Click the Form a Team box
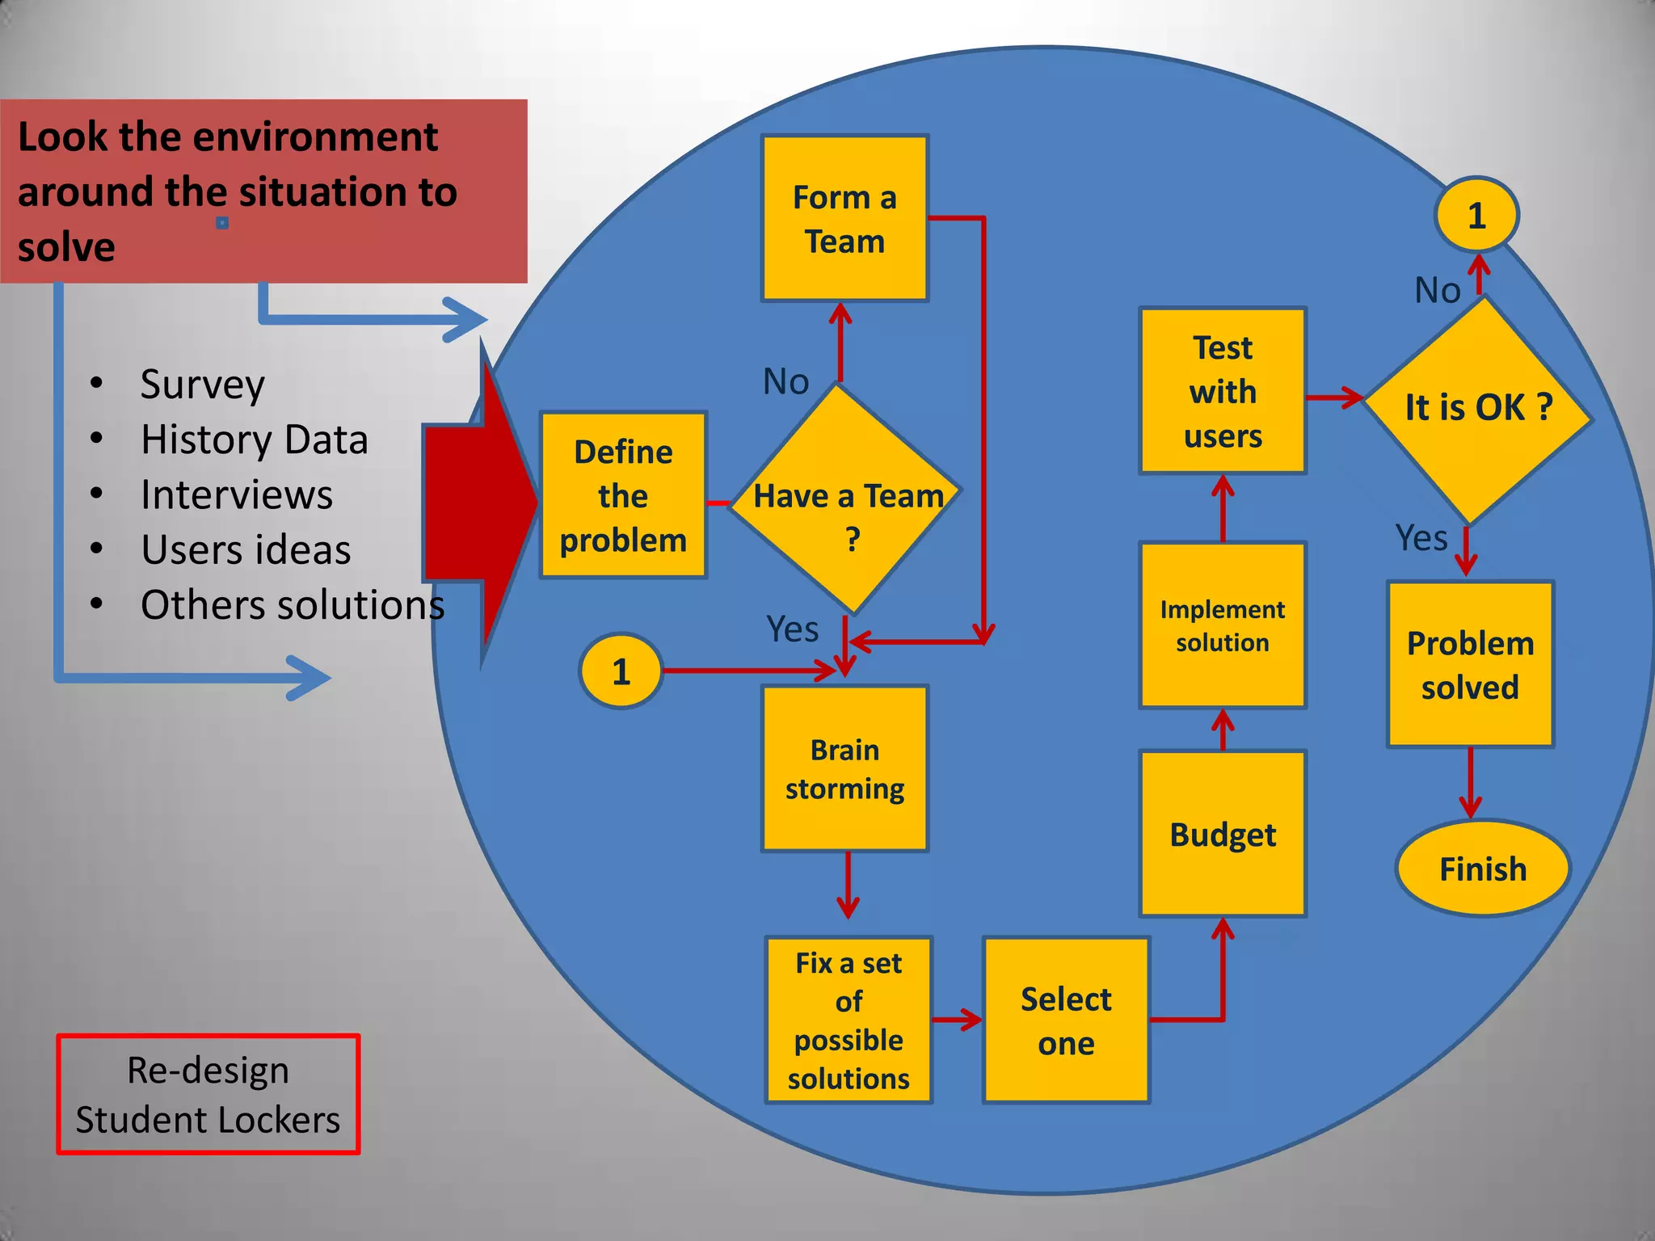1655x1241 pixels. pos(844,219)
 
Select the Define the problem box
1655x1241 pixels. pos(623,495)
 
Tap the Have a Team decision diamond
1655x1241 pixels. pos(846,501)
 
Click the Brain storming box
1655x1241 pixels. pos(844,768)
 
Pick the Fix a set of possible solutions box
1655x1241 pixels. pos(849,1020)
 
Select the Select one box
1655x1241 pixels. pos(1066,1020)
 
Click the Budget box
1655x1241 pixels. pos(1223,834)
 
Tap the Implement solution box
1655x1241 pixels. pos(1223,625)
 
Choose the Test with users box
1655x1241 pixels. pos(1223,391)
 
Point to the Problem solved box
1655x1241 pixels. pos(1470,664)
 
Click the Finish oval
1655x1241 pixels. pos(1483,869)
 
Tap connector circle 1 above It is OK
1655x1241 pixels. pos(1476,216)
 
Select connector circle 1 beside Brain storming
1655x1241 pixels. pos(621,671)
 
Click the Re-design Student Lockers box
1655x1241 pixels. pos(208,1094)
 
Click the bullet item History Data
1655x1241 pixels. pos(254,440)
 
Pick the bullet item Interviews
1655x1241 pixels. pos(236,494)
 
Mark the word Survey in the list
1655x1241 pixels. pos(202,385)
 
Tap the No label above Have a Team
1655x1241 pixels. pos(785,381)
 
